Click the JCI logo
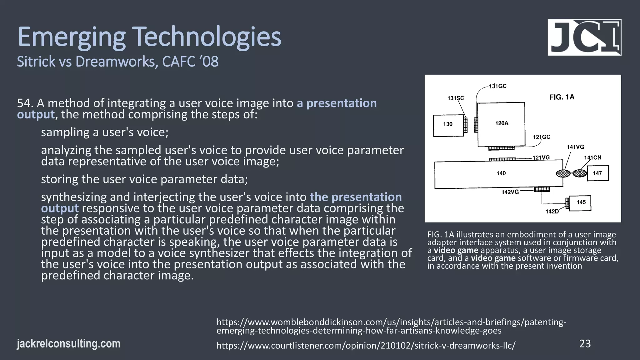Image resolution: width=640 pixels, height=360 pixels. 584,37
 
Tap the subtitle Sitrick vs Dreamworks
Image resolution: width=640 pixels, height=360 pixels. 117,62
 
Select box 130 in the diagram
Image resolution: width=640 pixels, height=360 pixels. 448,125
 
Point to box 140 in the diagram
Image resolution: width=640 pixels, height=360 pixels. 498,174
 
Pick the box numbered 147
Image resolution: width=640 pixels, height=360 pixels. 597,173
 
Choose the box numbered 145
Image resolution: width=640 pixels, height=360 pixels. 580,203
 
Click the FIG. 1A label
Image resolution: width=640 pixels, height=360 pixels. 562,97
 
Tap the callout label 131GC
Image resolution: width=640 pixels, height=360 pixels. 497,86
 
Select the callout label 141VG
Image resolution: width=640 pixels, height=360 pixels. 575,147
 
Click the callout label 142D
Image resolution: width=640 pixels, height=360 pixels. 552,212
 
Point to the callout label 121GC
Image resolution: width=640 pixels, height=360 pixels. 541,137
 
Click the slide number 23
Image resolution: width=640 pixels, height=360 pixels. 585,344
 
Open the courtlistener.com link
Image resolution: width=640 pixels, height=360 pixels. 366,346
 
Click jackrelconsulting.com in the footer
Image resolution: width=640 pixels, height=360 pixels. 68,344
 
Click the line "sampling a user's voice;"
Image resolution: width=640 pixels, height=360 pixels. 105,132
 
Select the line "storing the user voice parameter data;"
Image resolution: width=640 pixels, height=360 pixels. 144,179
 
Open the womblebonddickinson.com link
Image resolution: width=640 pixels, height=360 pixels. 391,326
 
